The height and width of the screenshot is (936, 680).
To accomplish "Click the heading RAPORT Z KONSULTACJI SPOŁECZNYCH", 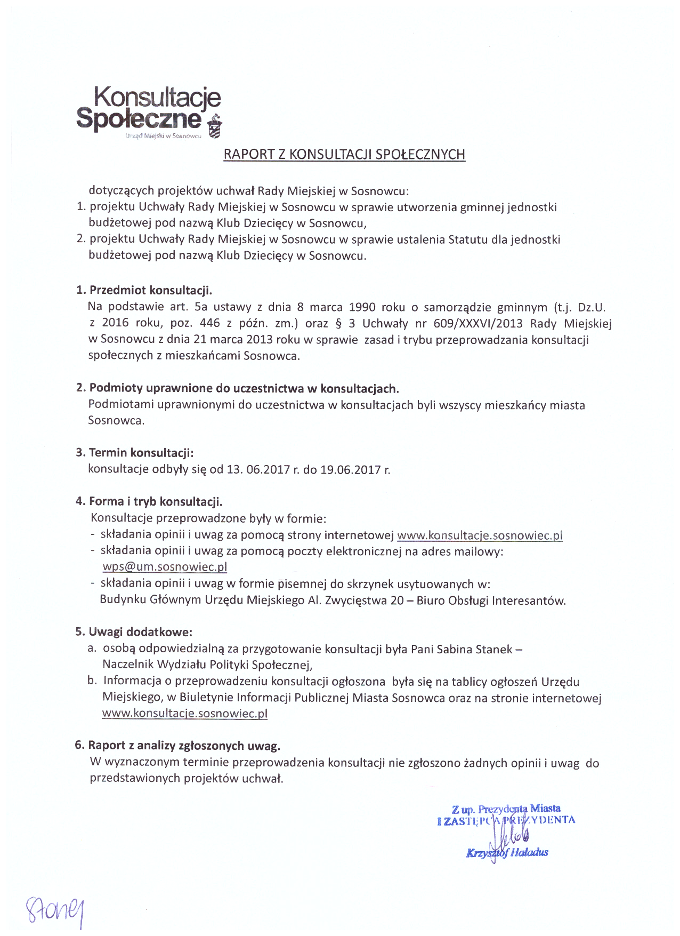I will pyautogui.click(x=344, y=155).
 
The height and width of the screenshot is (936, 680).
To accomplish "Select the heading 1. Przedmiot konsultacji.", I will pyautogui.click(x=144, y=291).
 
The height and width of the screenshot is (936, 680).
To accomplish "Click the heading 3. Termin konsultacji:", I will pyautogui.click(x=134, y=453).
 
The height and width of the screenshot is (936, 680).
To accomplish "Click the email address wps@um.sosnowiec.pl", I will pyautogui.click(x=165, y=567).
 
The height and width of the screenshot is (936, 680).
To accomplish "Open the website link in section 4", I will pyautogui.click(x=480, y=535).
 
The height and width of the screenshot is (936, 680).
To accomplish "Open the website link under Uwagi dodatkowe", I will pyautogui.click(x=184, y=714).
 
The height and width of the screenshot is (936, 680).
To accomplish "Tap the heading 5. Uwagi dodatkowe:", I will pyautogui.click(x=133, y=633).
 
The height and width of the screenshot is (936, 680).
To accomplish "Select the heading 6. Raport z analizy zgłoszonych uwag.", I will pyautogui.click(x=177, y=746).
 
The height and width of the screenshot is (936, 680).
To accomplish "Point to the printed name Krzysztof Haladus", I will pyautogui.click(x=507, y=853).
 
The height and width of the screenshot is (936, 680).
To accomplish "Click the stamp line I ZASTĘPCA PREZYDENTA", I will pyautogui.click(x=506, y=821).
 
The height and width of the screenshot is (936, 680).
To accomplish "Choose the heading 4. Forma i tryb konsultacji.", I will pyautogui.click(x=149, y=502).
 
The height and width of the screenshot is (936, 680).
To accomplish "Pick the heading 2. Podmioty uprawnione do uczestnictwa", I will pyautogui.click(x=237, y=388).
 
